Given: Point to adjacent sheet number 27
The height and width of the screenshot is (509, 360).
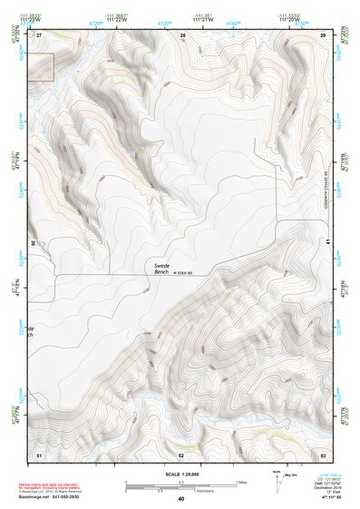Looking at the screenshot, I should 40,34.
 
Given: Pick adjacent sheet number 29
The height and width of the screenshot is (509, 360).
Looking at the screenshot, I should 323,34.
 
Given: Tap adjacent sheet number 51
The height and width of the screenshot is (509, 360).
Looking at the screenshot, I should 39,453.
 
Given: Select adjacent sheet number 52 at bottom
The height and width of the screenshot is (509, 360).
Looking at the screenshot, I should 181,454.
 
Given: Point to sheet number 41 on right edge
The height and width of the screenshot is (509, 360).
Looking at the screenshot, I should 326,242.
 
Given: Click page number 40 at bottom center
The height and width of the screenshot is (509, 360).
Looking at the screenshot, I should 181,499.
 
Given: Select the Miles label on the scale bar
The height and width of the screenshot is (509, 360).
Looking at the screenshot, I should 240,481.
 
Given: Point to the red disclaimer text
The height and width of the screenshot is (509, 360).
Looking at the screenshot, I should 66,480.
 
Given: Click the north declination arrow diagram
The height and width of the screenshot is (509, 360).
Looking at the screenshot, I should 277,482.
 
